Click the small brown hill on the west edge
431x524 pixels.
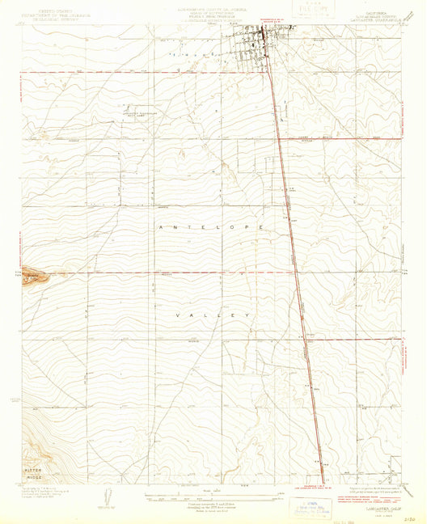[x=34, y=277]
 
